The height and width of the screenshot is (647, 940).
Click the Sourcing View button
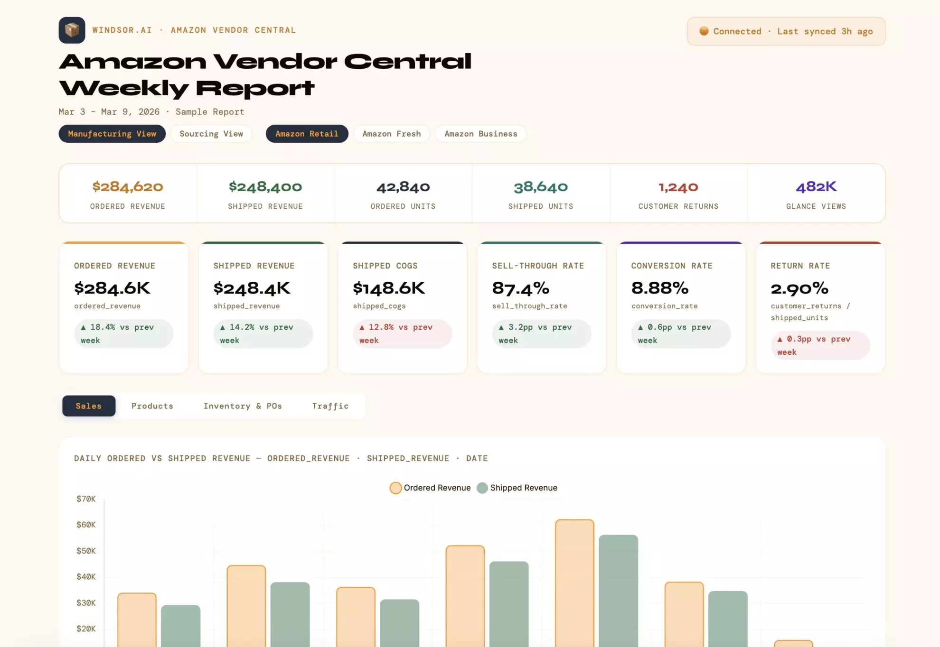(211, 134)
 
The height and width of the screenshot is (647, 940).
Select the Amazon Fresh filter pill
(392, 134)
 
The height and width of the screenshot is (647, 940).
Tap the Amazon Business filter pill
(480, 134)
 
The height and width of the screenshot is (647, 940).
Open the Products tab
(152, 406)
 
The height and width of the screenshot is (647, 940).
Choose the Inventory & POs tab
(243, 406)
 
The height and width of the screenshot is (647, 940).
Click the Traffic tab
(330, 406)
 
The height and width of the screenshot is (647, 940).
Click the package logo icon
(72, 30)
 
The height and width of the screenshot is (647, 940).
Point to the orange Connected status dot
(704, 31)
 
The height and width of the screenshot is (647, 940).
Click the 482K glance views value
(816, 187)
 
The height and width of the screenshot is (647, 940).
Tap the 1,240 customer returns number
(678, 187)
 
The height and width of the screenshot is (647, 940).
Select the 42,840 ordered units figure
(403, 187)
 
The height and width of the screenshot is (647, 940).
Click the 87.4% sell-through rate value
(521, 288)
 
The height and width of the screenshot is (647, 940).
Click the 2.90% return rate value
(799, 288)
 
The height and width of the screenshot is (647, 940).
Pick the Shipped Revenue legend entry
(517, 488)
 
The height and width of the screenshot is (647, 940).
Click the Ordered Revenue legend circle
(395, 488)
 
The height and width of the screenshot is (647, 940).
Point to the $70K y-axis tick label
(86, 499)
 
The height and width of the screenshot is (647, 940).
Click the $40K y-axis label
(86, 577)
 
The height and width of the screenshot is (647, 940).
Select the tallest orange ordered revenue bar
(574, 583)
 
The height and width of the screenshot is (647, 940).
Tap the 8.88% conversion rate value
(660, 288)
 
